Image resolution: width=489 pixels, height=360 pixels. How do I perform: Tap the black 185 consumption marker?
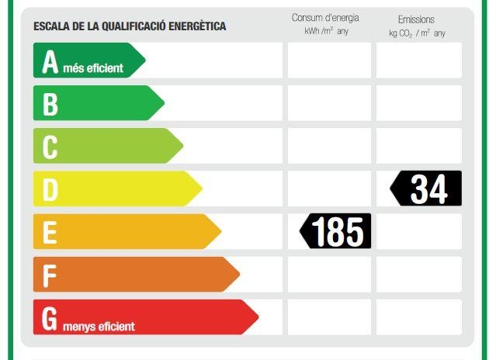[x=336, y=231]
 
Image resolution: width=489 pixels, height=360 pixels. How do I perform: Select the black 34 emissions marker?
[x=426, y=189]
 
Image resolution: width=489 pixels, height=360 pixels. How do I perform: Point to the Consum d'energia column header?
[x=325, y=18]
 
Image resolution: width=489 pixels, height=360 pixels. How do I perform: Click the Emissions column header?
[x=416, y=19]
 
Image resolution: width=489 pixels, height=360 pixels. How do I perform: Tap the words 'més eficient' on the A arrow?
[x=93, y=68]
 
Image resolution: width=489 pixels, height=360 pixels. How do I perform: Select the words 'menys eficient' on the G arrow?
[x=99, y=326]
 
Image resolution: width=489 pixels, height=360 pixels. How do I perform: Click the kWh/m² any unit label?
[x=327, y=32]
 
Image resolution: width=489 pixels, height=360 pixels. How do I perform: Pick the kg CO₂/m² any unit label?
[x=418, y=33]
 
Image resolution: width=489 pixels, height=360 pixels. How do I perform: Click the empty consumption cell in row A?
[x=329, y=61]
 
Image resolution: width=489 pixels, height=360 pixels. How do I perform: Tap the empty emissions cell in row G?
[x=419, y=317]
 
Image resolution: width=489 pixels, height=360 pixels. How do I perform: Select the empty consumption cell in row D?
[x=329, y=189]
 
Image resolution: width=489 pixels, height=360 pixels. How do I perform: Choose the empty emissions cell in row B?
[x=419, y=103]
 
